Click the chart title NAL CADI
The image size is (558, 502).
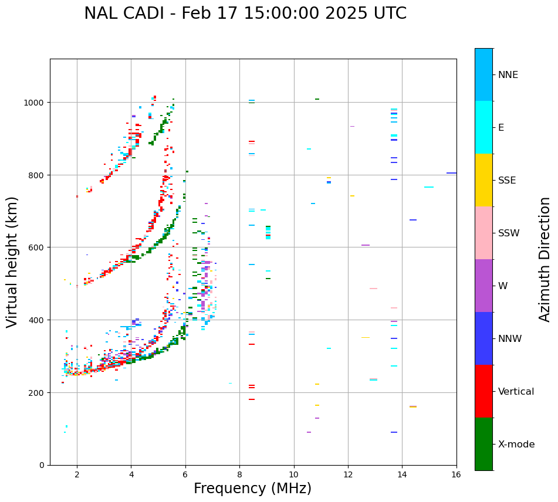pos(245,13)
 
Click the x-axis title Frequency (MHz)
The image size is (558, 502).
pos(252,489)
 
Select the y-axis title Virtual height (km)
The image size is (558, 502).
pos(13,262)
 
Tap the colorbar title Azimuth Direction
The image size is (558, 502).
pos(545,259)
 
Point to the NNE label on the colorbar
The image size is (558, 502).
pos(508,75)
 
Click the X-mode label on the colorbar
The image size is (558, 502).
pos(516,445)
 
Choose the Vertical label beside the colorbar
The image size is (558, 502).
pos(516,392)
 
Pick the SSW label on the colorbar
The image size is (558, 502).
pos(509,233)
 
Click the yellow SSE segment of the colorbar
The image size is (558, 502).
pos(483,180)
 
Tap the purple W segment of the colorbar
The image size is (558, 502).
pos(483,286)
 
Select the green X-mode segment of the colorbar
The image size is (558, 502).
pos(483,444)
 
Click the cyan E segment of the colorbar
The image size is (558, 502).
pos(483,127)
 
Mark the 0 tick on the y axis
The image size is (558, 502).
pos(41,465)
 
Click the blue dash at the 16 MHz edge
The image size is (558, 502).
pos(451,173)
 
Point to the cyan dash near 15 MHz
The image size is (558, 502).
pos(429,187)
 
